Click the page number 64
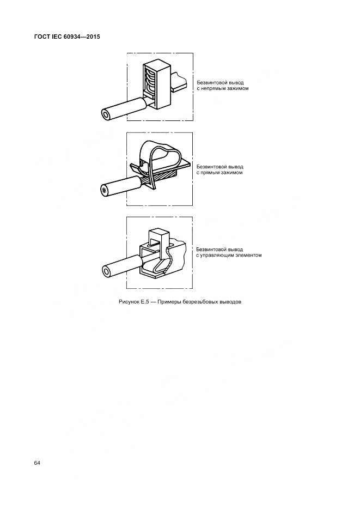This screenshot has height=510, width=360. (36, 463)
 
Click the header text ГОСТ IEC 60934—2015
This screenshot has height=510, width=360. (67, 37)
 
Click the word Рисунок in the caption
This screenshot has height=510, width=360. (129, 302)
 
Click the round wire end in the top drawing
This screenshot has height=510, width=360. (106, 115)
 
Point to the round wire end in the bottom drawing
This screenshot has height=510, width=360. (106, 271)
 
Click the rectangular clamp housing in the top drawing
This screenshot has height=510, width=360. (157, 84)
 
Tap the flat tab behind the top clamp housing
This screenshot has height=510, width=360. (179, 81)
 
